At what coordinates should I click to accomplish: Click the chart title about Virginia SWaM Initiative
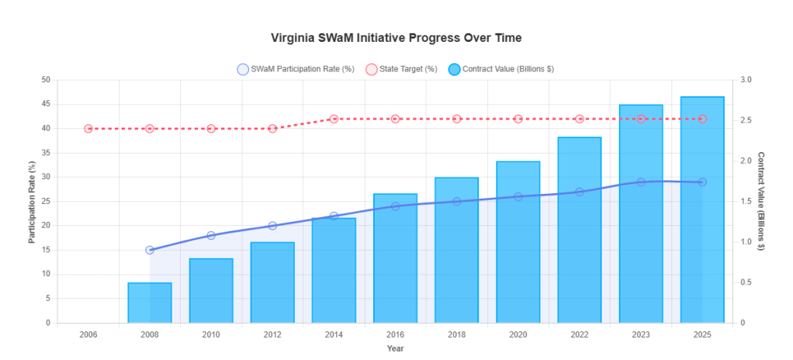[396, 37]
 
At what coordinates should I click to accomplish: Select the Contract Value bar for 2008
[150, 303]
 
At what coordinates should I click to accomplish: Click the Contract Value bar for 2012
[272, 283]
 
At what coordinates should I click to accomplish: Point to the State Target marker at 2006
[88, 129]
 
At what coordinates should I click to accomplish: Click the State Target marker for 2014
[334, 119]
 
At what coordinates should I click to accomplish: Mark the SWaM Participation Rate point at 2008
[150, 250]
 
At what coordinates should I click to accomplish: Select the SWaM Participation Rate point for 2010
[211, 235]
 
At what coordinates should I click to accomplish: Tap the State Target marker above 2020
[518, 119]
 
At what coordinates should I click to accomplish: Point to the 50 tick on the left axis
[45, 80]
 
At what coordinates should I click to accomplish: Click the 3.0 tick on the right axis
[746, 80]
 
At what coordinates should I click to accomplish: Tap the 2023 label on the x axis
[641, 334]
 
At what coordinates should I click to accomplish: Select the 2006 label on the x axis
[88, 334]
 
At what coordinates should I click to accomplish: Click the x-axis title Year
[395, 348]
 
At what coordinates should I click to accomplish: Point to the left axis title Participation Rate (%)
[33, 201]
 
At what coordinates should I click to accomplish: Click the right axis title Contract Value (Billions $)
[761, 201]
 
